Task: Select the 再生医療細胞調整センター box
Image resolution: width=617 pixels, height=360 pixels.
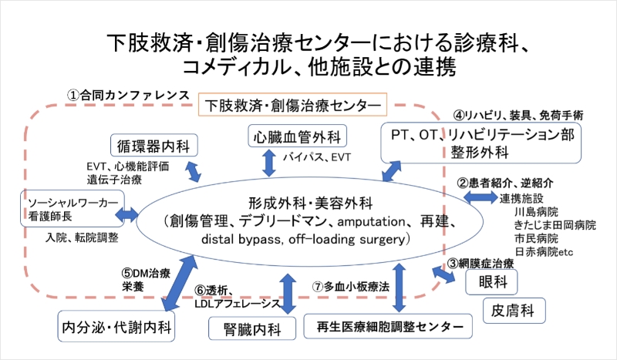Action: [386, 326]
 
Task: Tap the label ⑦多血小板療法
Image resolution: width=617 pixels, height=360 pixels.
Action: [355, 285]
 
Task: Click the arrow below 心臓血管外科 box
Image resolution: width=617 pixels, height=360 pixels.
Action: [270, 163]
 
